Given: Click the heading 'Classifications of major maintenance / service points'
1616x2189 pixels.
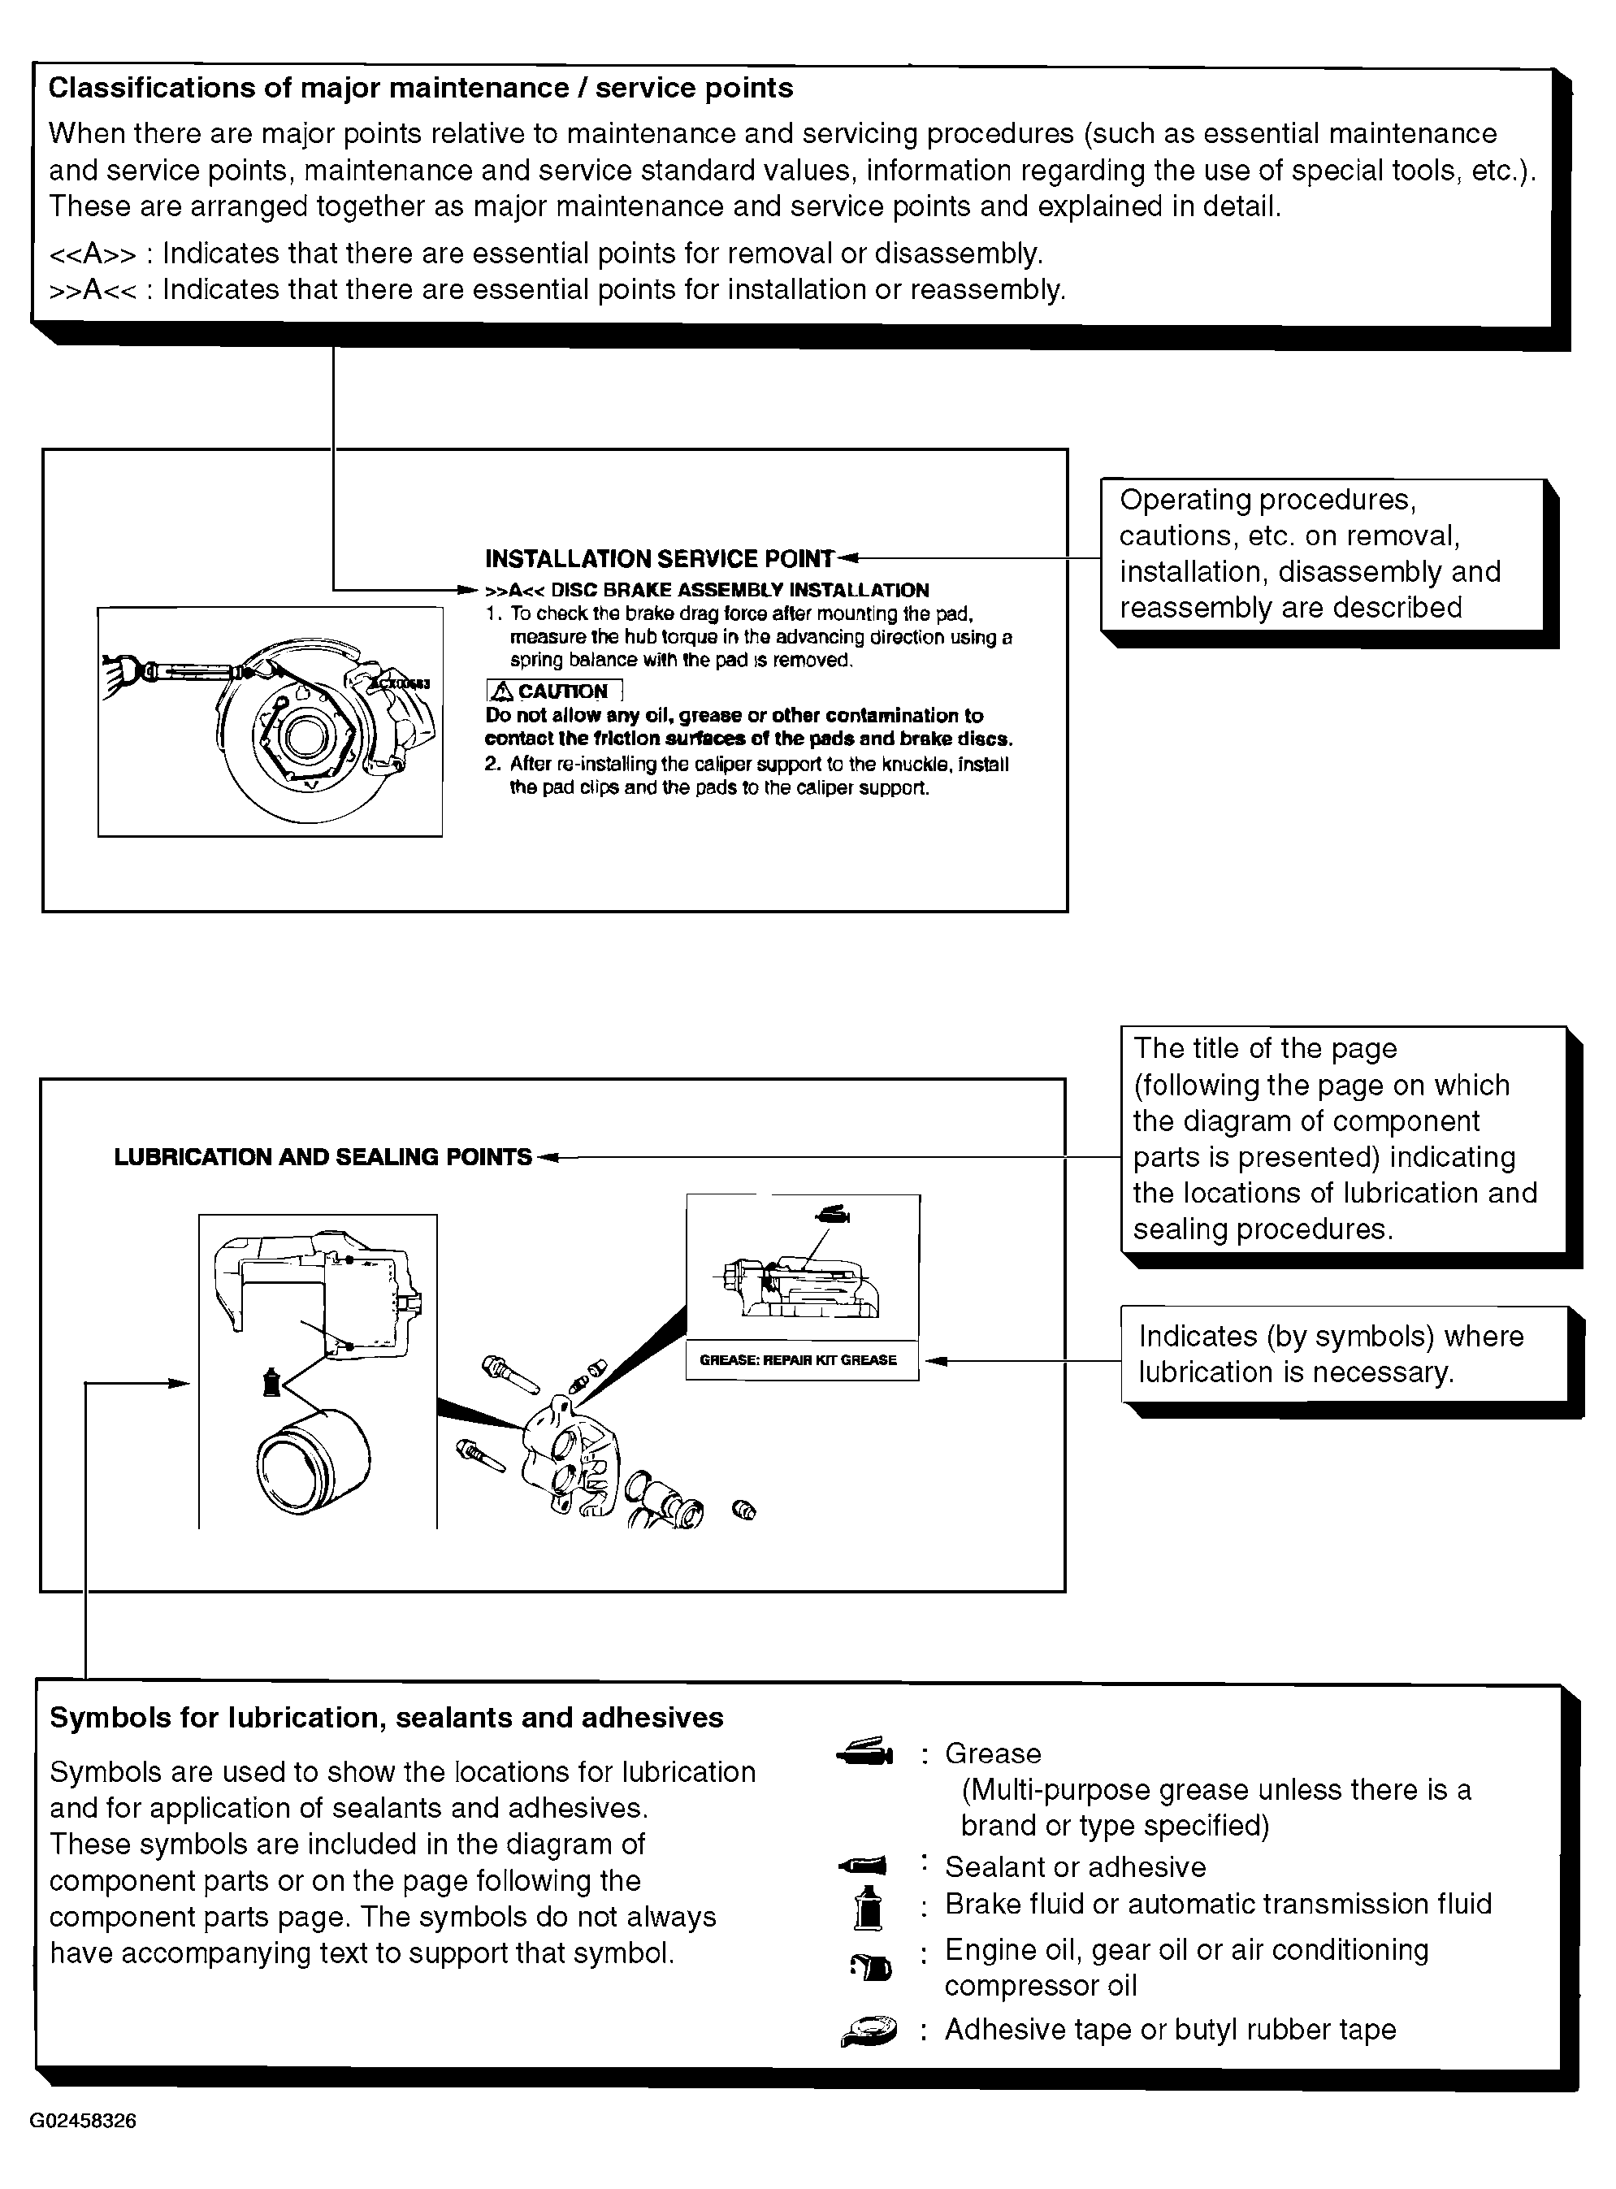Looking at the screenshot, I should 421,88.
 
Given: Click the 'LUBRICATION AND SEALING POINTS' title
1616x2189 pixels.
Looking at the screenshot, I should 323,1157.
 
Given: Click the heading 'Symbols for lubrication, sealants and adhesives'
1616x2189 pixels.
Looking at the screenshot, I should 387,1718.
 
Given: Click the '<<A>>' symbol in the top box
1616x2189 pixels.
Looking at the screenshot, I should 93,254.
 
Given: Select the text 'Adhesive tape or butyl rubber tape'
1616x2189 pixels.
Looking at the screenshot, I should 1170,2030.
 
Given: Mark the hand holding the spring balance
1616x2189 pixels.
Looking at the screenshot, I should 120,674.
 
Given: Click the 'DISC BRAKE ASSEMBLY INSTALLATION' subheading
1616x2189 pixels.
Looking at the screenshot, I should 739,590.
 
